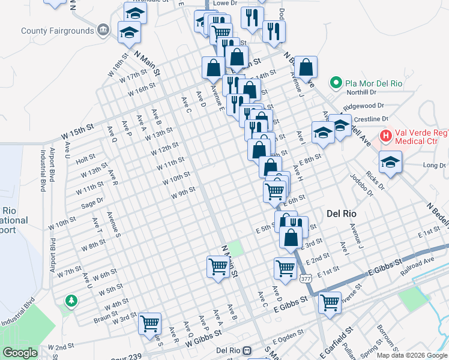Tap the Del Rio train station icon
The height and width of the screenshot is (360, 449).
pyautogui.click(x=256, y=350)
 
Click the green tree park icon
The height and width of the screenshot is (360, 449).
pyautogui.click(x=71, y=300)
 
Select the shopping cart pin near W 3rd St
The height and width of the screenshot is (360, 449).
pyautogui.click(x=149, y=323)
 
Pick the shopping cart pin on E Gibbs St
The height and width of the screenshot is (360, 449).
pyautogui.click(x=330, y=302)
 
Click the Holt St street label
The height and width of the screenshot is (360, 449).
pyautogui.click(x=86, y=158)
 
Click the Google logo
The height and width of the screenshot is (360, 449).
pyautogui.click(x=20, y=353)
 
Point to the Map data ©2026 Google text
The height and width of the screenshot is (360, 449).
pyautogui.click(x=411, y=355)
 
